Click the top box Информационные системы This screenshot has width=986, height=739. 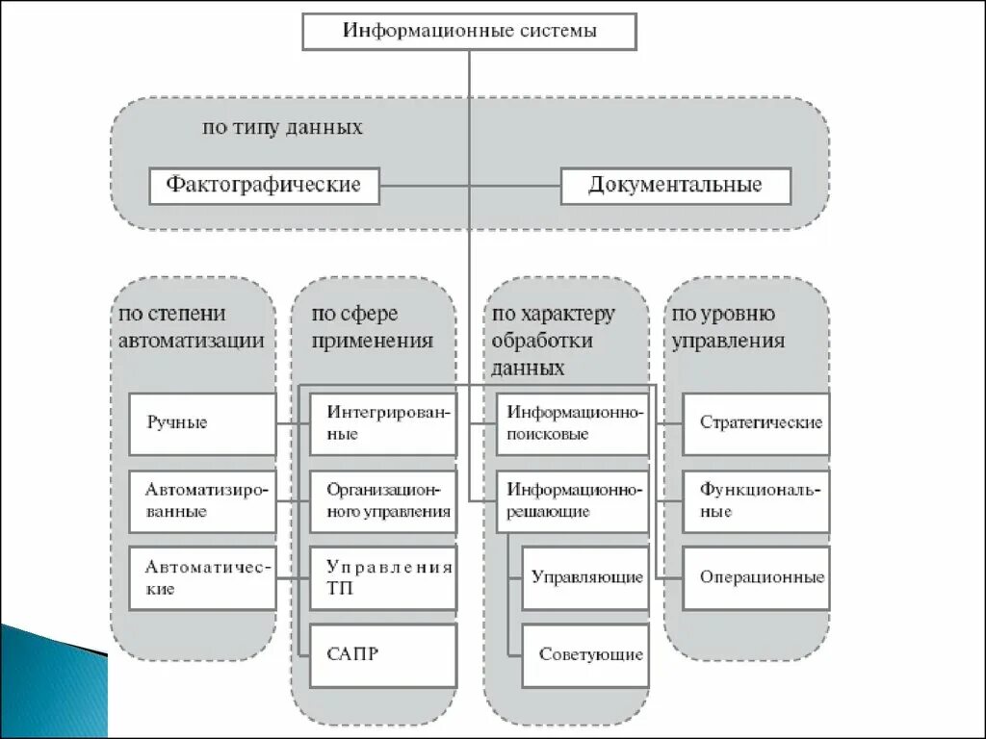[x=470, y=31]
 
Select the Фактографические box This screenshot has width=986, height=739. [x=264, y=185]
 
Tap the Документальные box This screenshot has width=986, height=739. [x=675, y=185]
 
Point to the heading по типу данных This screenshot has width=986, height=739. [x=282, y=127]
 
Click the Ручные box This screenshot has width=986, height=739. [x=202, y=423]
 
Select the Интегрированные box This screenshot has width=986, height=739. [x=383, y=423]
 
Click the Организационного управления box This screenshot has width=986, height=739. [x=383, y=501]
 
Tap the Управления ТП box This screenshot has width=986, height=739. [x=383, y=578]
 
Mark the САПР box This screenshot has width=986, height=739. [x=383, y=655]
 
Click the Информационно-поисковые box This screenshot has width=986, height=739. [x=573, y=423]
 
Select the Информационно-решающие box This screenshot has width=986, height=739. [x=573, y=501]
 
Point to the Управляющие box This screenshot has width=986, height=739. [x=585, y=578]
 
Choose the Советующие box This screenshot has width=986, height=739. [x=585, y=655]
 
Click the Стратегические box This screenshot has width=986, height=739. [x=756, y=423]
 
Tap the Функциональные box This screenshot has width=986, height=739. [x=756, y=501]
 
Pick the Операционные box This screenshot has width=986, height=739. [x=756, y=578]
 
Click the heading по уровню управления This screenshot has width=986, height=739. [x=727, y=328]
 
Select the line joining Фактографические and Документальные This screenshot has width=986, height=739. [x=424, y=185]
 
